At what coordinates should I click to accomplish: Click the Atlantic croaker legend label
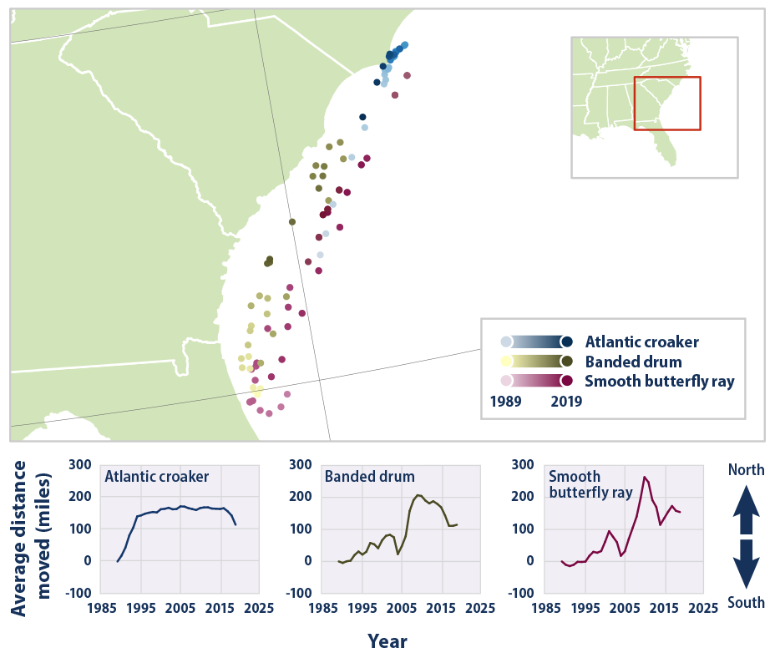(x=641, y=342)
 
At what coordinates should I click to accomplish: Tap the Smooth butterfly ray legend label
(x=660, y=382)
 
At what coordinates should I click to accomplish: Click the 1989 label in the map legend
(x=506, y=401)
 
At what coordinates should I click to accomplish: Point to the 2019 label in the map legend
(x=566, y=401)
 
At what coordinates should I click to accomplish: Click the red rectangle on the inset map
(x=667, y=104)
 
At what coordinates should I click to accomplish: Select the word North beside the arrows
(x=746, y=470)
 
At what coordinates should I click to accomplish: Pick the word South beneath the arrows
(x=746, y=602)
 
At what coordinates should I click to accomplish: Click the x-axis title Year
(x=387, y=641)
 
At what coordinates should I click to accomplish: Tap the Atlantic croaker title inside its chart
(x=156, y=478)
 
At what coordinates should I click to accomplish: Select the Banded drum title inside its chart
(x=369, y=478)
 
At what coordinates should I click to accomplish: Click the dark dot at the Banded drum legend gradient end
(x=567, y=361)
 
